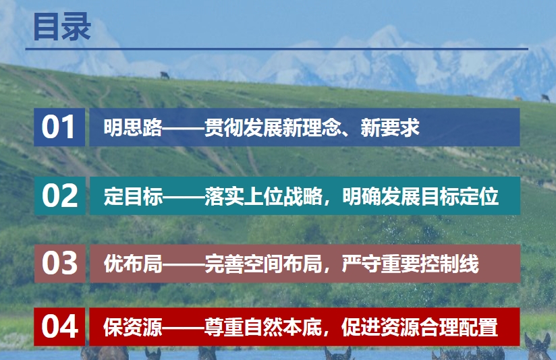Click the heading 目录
point(62,26)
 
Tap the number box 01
point(59,127)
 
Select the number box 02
point(59,196)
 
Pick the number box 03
point(59,264)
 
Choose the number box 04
point(59,327)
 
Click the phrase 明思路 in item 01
point(133,127)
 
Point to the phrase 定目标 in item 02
point(134,196)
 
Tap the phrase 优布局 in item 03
point(134,264)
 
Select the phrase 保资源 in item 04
point(133,327)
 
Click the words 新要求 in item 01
point(390,127)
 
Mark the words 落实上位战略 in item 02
point(263,196)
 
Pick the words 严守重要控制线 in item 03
point(410,264)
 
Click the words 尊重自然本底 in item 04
point(263,327)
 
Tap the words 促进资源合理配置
point(420,327)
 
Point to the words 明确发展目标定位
point(420,196)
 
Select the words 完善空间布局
point(263,264)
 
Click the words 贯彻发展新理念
point(273,127)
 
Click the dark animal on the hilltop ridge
point(165,75)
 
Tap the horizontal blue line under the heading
point(277,49)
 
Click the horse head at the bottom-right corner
point(538,347)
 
